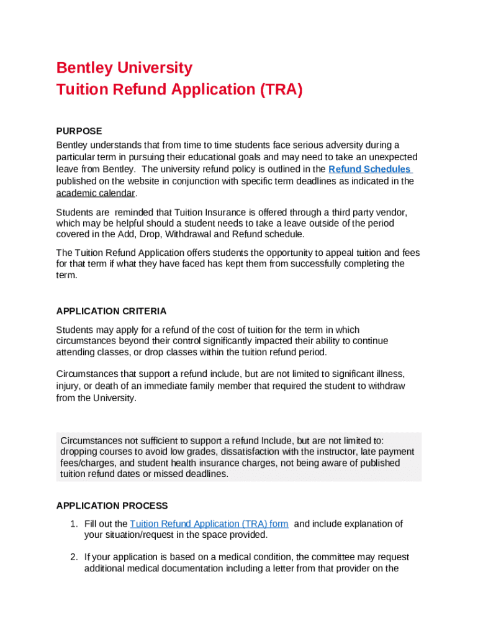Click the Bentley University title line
(124, 68)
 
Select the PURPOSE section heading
(79, 131)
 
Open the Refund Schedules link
(369, 169)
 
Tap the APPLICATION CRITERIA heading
(111, 311)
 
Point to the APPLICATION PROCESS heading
(112, 506)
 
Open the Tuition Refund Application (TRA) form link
(209, 524)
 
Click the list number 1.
(73, 524)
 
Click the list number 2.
(73, 557)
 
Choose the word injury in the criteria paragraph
(69, 386)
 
